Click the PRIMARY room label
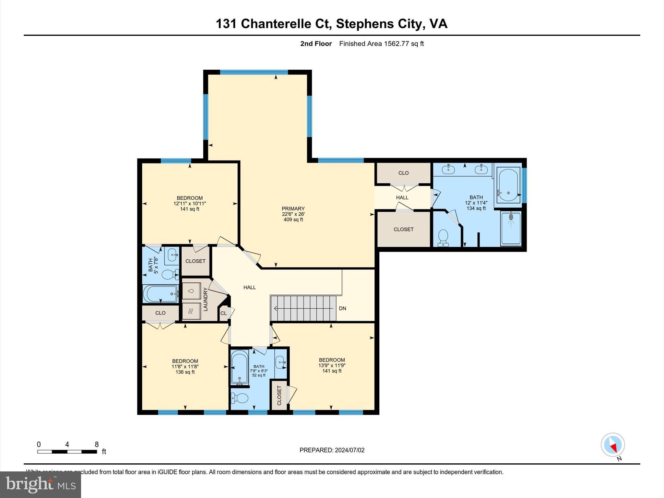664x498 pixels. (293, 208)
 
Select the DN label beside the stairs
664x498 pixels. (342, 308)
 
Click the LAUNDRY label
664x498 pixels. (205, 299)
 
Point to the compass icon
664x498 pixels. (612, 445)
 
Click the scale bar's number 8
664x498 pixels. (97, 445)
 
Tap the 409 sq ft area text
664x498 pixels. (293, 219)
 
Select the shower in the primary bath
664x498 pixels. (511, 228)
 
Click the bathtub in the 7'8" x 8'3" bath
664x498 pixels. (240, 368)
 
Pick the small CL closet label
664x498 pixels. (223, 313)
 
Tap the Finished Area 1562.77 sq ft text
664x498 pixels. (381, 44)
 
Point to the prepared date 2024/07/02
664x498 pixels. (350, 450)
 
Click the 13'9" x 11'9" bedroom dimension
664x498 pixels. (332, 365)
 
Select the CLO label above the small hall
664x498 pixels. (403, 173)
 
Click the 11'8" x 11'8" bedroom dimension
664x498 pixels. (185, 366)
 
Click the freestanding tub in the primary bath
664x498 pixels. (508, 185)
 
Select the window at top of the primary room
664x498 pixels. (254, 72)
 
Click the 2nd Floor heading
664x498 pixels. (316, 44)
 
